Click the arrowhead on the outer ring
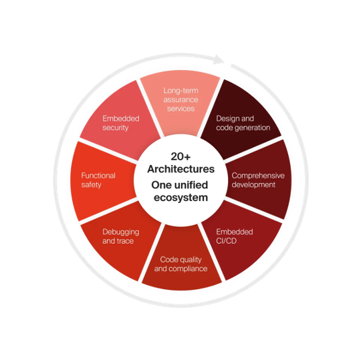[x=218, y=59]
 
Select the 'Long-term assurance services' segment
[x=180, y=102]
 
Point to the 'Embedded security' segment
[x=120, y=120]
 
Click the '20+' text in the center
[x=180, y=156]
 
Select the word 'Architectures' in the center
[x=181, y=169]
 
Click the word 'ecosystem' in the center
[x=180, y=198]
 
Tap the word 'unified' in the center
[x=193, y=185]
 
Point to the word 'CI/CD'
[x=227, y=241]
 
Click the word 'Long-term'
[x=180, y=91]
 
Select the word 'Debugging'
[x=121, y=232]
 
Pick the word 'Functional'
[x=98, y=176]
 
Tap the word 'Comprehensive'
[x=258, y=176]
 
